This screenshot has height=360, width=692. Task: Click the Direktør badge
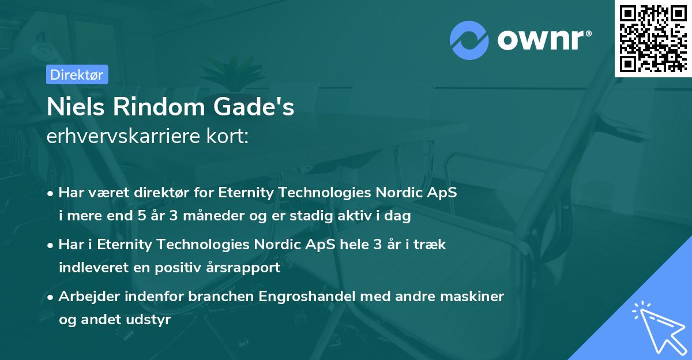click(76, 74)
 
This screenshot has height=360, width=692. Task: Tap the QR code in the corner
click(653, 39)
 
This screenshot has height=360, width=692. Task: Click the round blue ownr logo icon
click(469, 40)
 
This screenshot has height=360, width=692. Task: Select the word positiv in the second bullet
click(178, 268)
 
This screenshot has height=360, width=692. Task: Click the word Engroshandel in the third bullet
click(308, 297)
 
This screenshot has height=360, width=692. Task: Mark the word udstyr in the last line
click(151, 320)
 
